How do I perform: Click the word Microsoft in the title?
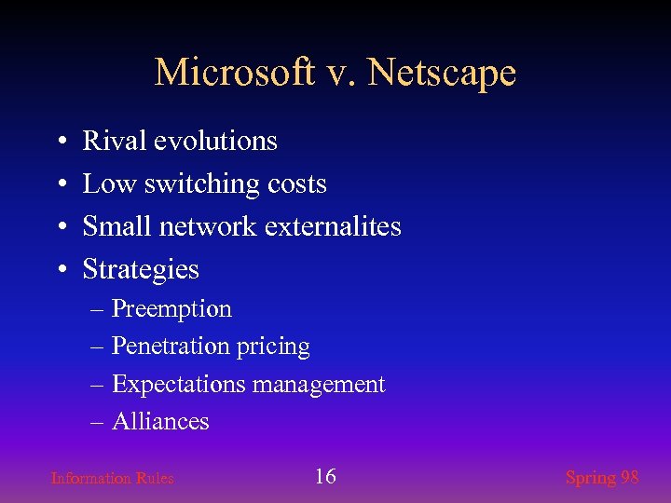point(234,72)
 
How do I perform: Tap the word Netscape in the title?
point(442,72)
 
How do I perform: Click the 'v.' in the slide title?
point(341,72)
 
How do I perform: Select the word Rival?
point(115,141)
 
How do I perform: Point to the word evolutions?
point(215,141)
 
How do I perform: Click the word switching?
point(194,184)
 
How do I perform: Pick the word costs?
point(296,184)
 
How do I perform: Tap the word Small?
point(118,226)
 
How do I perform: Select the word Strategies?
point(141,269)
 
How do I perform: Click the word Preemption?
point(171,309)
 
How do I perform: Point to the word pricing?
point(274,347)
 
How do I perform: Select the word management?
point(319,385)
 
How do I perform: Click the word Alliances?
point(160,422)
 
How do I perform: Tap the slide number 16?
point(325,477)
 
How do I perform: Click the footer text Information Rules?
point(112,479)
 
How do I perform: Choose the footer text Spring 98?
point(602,478)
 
